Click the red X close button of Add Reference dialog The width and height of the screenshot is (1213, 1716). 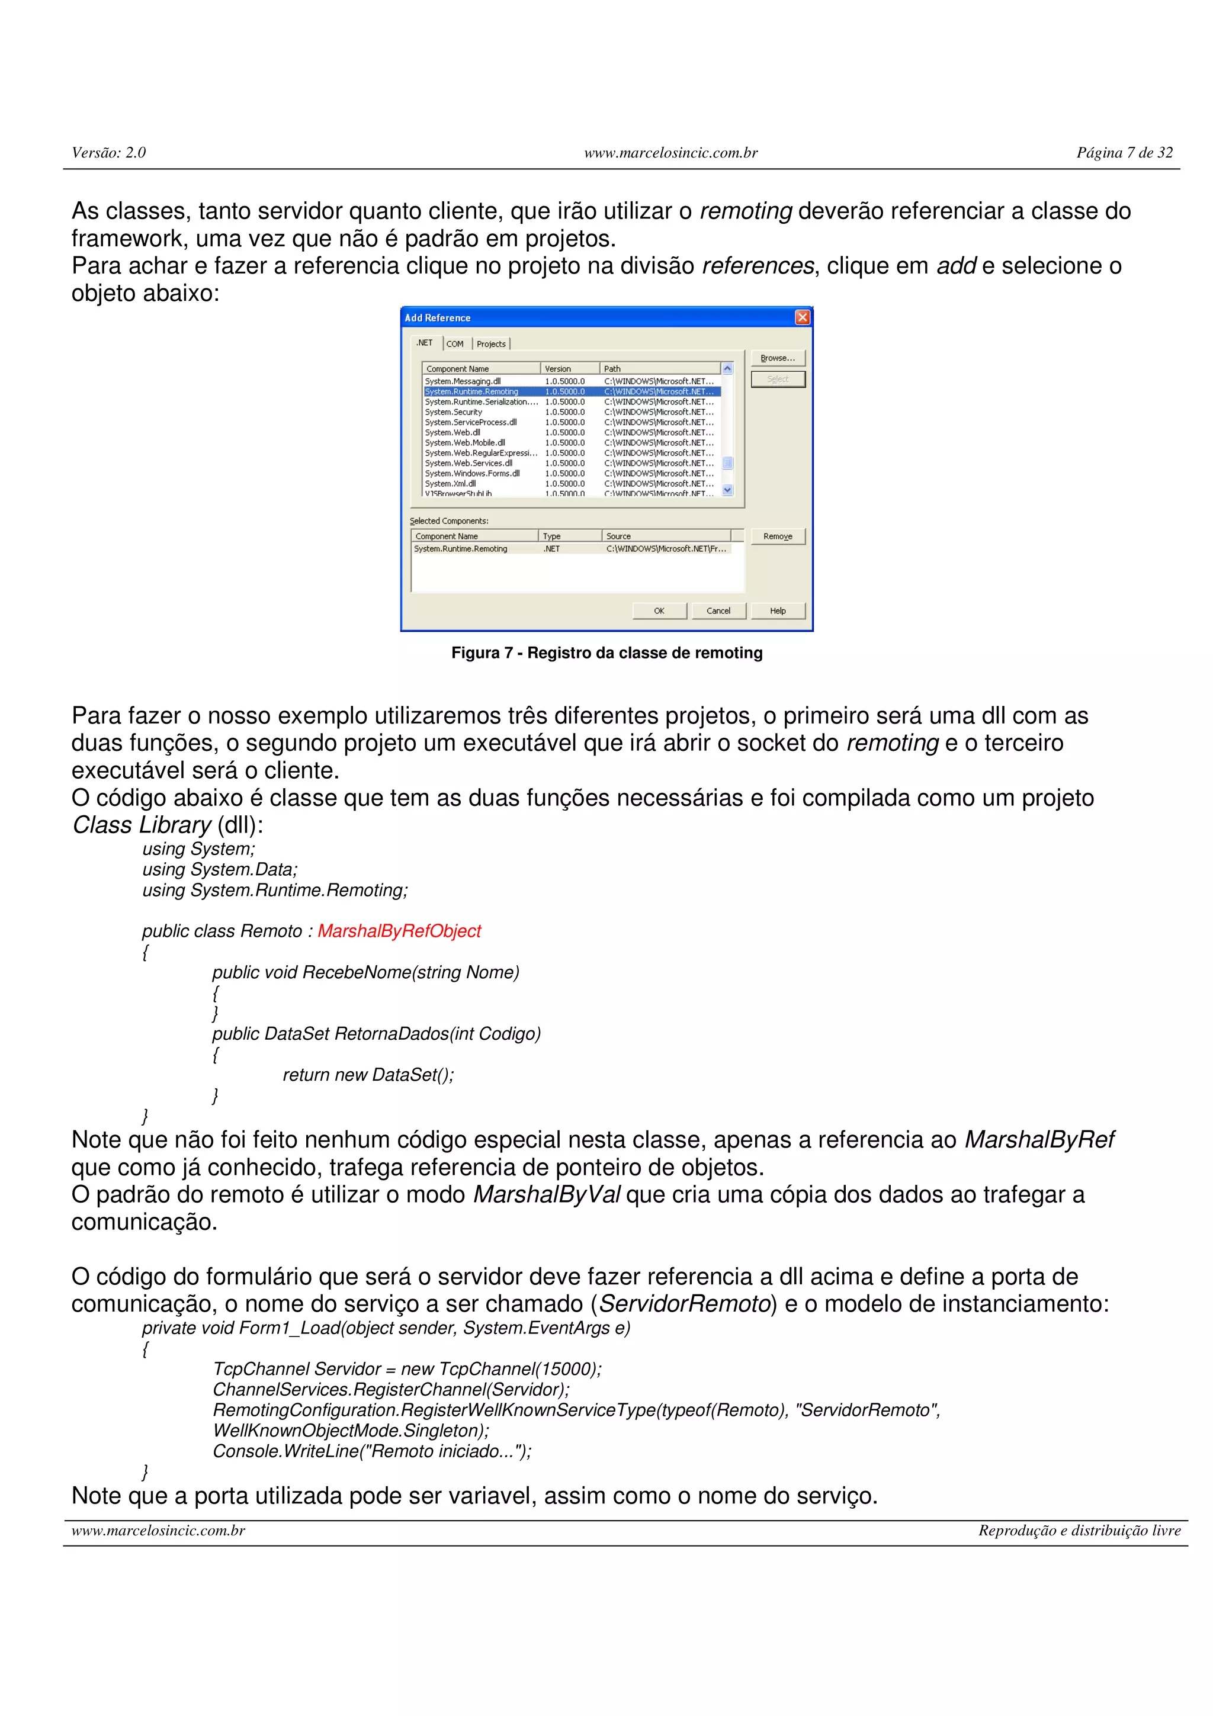(x=802, y=317)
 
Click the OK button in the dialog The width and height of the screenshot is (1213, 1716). (x=659, y=610)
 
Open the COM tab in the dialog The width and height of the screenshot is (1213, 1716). (x=455, y=344)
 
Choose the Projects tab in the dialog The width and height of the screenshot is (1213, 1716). (x=491, y=344)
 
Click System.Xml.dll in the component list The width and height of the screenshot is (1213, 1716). (x=451, y=484)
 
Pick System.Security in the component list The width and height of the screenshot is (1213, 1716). (x=454, y=412)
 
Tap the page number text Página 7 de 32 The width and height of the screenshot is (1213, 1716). (x=1124, y=152)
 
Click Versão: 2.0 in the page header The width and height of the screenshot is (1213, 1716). (x=108, y=152)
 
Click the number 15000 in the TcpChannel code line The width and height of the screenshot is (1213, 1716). (x=567, y=1368)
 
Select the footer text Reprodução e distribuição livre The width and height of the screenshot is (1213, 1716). (x=1079, y=1531)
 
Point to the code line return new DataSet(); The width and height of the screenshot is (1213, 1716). (x=368, y=1075)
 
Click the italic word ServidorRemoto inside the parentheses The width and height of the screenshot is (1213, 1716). (x=685, y=1304)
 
